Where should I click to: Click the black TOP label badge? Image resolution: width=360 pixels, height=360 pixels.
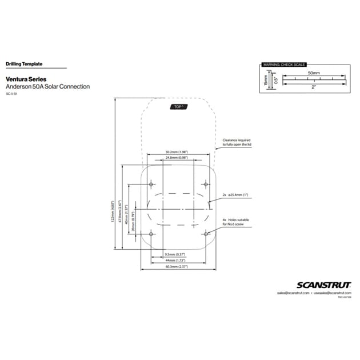pyautogui.click(x=178, y=107)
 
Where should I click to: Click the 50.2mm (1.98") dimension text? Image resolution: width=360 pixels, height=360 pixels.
pyautogui.click(x=177, y=152)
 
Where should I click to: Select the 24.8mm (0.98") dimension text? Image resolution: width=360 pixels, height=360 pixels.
pyautogui.click(x=177, y=157)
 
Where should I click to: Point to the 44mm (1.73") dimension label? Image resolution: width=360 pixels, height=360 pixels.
pyautogui.click(x=177, y=260)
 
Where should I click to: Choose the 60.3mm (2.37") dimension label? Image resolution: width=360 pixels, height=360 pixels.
pyautogui.click(x=177, y=267)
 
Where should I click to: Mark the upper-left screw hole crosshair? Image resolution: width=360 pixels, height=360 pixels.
pyautogui.click(x=151, y=184)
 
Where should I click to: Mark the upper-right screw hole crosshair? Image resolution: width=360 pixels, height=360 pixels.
pyautogui.click(x=206, y=184)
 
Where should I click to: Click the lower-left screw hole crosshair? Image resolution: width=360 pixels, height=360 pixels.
pyautogui.click(x=151, y=234)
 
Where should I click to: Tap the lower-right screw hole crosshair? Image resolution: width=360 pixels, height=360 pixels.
pyautogui.click(x=206, y=234)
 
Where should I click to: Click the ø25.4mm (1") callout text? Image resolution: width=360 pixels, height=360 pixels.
pyautogui.click(x=235, y=195)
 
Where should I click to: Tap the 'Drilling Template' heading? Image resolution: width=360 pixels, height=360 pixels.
pyautogui.click(x=24, y=65)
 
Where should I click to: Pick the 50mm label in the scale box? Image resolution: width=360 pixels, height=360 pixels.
pyautogui.click(x=314, y=74)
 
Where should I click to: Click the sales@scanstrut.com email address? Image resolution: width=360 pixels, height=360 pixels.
pyautogui.click(x=293, y=293)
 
